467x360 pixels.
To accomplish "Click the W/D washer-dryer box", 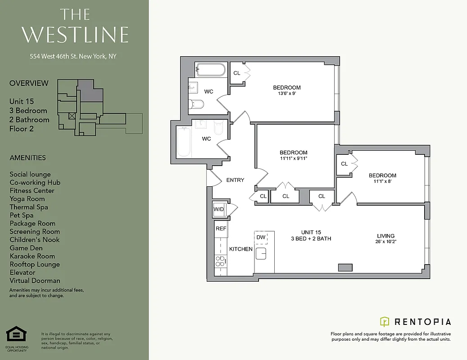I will pos(219,209).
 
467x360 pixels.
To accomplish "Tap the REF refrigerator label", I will pos(221,229).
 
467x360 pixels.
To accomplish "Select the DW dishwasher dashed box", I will pos(261,237).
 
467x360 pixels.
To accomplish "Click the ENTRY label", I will pos(235,180).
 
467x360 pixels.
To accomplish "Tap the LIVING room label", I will pos(385,236).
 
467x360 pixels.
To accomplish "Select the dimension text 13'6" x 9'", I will pos(286,94).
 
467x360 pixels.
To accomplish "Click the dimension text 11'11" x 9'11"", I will pos(293,158).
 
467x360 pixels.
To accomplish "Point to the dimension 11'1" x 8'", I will pos(382,181).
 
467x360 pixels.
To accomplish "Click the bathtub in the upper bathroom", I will pos(210,70).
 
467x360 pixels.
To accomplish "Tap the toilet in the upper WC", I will pos(196,104).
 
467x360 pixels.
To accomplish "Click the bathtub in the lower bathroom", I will pos(184,141).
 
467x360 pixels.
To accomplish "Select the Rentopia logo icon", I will pos(385,321).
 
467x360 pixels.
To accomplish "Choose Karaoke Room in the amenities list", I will pos(32,256).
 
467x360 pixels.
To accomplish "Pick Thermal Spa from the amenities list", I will pos(29,207).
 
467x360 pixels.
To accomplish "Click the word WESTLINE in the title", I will pos(75,35).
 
